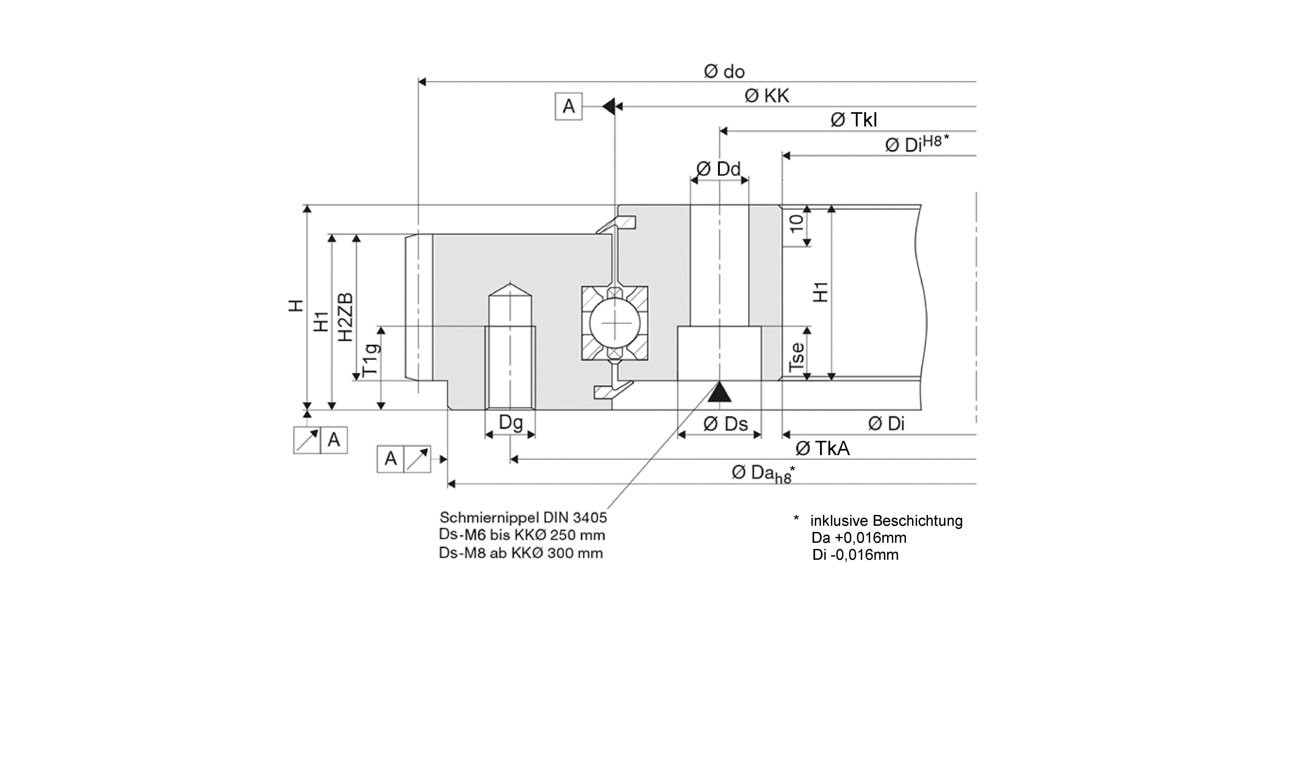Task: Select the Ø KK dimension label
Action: (x=767, y=96)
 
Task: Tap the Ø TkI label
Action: (x=854, y=120)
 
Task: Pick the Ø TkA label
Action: (x=823, y=448)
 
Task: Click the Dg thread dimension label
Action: (x=510, y=422)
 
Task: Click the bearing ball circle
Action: (x=615, y=323)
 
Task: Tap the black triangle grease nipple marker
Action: (x=719, y=393)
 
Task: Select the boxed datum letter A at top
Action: (x=568, y=106)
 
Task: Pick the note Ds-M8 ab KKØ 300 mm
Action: (x=521, y=553)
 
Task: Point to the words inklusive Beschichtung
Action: (x=886, y=521)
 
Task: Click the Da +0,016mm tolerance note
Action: (x=859, y=538)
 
